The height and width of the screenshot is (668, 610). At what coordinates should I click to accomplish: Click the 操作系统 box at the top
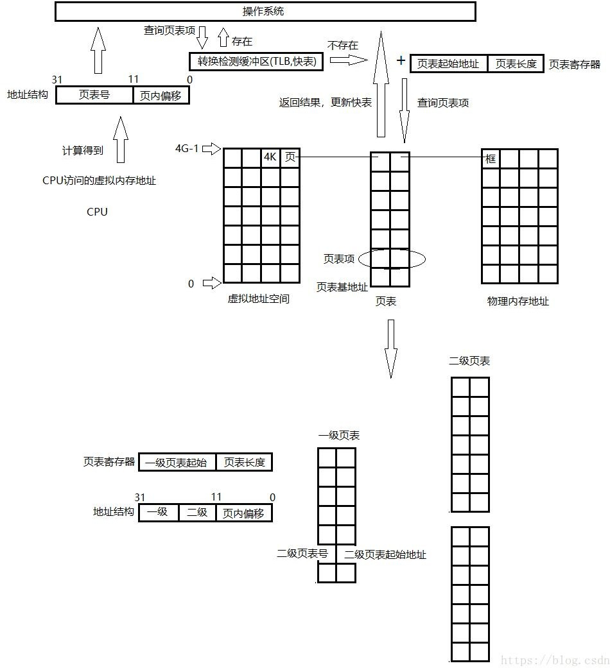click(x=265, y=12)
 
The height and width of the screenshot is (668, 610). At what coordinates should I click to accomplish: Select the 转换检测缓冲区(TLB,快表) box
click(x=256, y=62)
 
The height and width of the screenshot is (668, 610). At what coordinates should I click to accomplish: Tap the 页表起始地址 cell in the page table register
click(x=448, y=64)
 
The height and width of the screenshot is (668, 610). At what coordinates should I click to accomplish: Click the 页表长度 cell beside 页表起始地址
click(x=516, y=64)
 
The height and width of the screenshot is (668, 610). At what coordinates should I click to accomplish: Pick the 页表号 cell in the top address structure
click(x=94, y=96)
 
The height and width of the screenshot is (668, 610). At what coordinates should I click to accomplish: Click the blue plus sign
click(x=401, y=61)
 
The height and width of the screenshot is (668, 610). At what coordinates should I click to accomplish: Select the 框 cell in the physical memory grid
click(x=491, y=158)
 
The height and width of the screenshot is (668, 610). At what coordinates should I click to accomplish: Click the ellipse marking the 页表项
click(x=391, y=259)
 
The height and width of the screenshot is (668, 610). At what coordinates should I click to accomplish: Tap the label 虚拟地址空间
click(x=259, y=299)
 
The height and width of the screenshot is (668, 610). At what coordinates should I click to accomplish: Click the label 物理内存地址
click(x=518, y=301)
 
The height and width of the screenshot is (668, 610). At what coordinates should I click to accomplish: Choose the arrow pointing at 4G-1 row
click(x=212, y=149)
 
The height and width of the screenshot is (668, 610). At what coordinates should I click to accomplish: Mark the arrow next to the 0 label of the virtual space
click(x=212, y=283)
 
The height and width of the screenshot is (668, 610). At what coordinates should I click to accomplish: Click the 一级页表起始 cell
click(x=177, y=462)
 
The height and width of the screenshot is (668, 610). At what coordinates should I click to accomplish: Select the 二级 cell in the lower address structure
click(x=197, y=513)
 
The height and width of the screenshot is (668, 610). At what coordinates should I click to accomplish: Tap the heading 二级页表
click(x=469, y=361)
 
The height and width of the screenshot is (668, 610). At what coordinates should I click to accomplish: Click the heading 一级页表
click(x=338, y=436)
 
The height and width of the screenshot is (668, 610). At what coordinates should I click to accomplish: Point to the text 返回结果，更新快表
click(x=325, y=103)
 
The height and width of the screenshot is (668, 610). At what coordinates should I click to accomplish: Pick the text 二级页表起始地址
click(x=385, y=554)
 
